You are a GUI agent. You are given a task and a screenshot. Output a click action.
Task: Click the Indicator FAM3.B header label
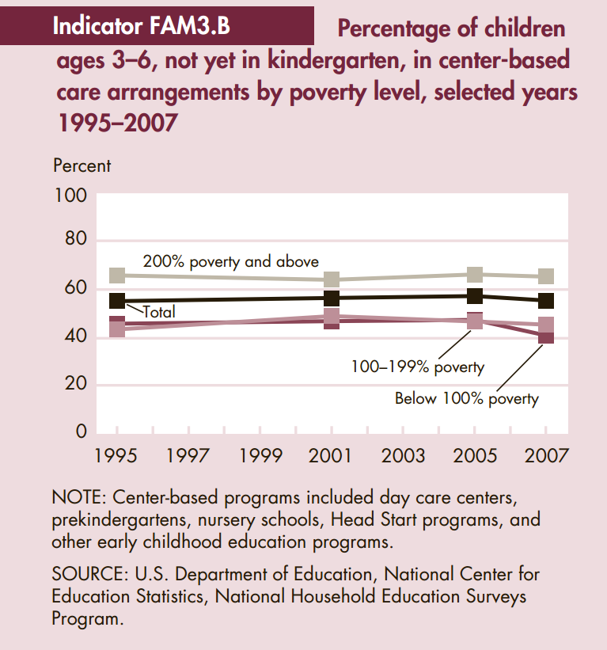[x=141, y=25]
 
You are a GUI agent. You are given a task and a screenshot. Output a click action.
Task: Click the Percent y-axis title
[x=82, y=166]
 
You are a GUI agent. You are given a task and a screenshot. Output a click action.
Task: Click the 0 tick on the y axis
[x=81, y=432]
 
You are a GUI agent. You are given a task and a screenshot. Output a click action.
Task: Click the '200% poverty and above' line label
[x=230, y=261]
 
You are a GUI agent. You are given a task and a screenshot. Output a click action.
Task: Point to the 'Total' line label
[x=158, y=312]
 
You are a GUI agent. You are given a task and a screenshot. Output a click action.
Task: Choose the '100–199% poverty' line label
[x=418, y=367]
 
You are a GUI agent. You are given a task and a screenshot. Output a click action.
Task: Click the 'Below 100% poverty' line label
[x=466, y=398]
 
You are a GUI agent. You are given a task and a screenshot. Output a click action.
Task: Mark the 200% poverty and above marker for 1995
[x=117, y=275]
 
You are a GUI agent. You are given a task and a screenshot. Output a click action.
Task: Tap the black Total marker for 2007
[x=546, y=301]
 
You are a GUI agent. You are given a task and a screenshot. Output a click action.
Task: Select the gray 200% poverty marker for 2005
[x=475, y=274]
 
